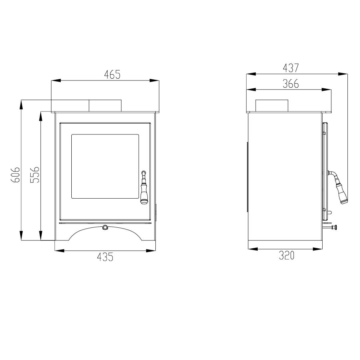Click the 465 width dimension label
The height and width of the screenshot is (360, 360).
[112, 75]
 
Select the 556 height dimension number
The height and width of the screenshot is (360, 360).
[35, 175]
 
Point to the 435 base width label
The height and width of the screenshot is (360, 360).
[105, 257]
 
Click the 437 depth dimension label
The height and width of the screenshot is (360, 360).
[291, 68]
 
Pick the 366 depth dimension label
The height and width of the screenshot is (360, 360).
[291, 84]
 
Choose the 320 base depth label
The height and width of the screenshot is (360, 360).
[287, 255]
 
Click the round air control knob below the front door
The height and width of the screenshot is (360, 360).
[105, 227]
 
